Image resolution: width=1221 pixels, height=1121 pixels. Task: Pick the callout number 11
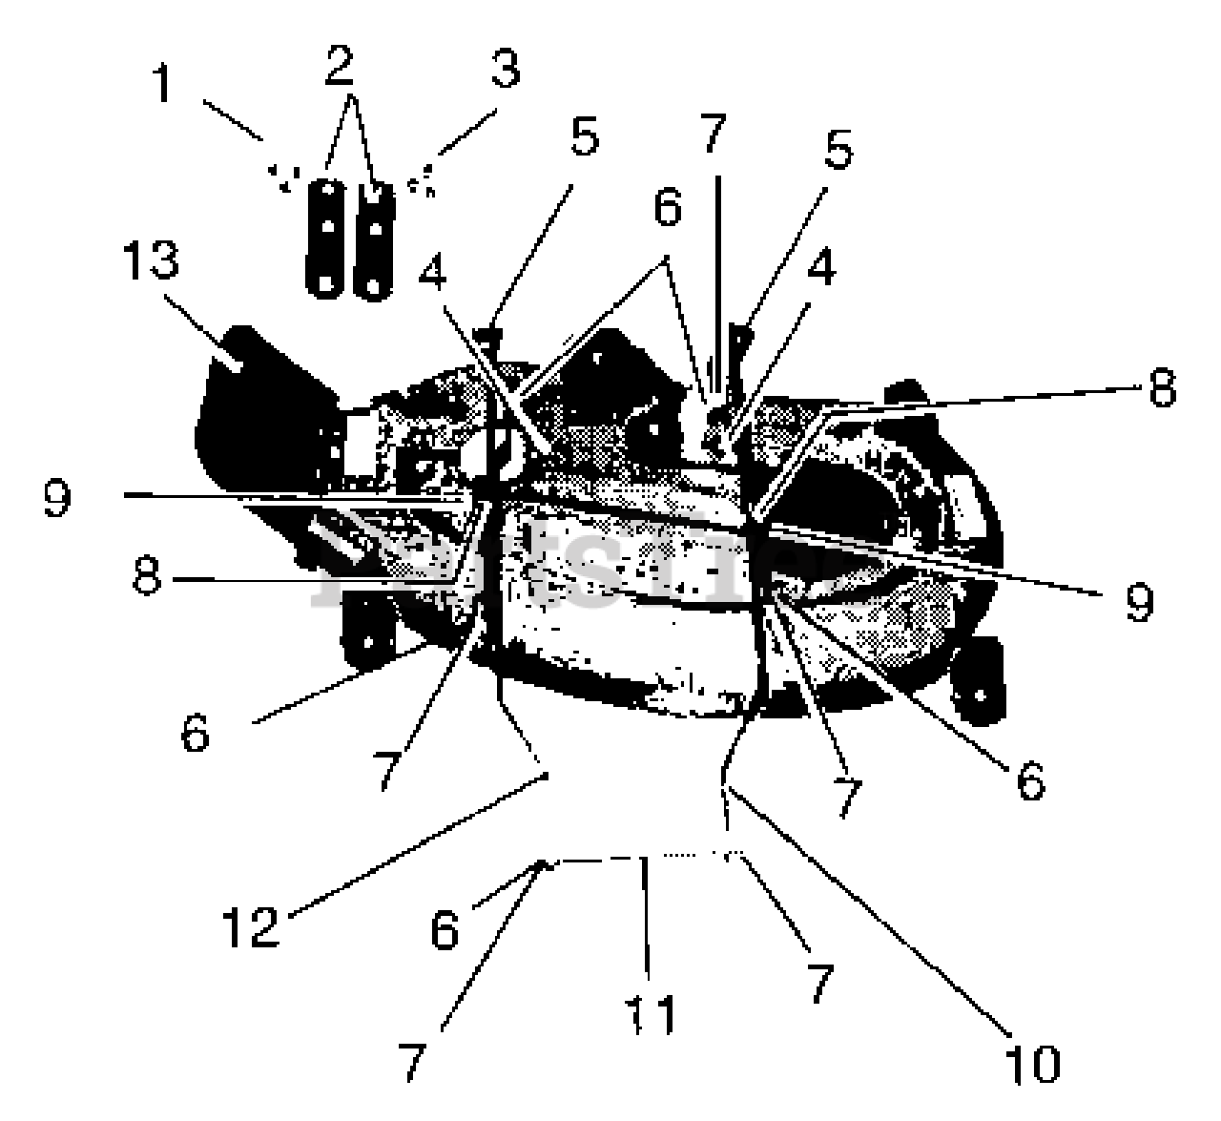click(x=651, y=1011)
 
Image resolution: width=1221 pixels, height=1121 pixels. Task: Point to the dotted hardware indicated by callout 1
click(x=283, y=176)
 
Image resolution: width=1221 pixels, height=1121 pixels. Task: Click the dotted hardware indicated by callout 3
click(x=422, y=178)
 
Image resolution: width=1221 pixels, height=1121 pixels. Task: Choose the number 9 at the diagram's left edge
click(x=56, y=497)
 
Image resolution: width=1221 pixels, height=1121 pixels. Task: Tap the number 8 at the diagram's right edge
click(x=1161, y=388)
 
